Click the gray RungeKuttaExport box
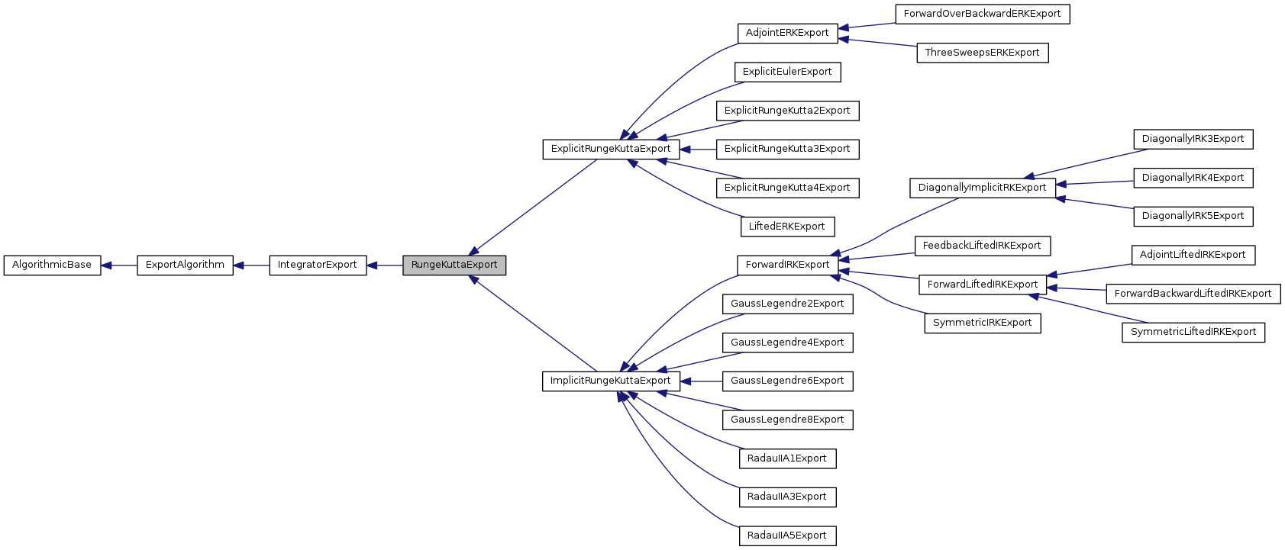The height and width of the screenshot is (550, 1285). (454, 265)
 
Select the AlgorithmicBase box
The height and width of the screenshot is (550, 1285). (52, 265)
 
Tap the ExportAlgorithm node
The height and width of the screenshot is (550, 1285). (185, 265)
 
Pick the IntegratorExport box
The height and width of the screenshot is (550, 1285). (318, 265)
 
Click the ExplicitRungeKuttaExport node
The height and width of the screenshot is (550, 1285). (611, 149)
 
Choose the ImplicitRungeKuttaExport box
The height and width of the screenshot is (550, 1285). (611, 381)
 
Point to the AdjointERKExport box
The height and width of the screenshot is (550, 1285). (787, 33)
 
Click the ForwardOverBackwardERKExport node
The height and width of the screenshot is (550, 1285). (982, 14)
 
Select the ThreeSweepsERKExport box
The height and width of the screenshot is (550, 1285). (982, 53)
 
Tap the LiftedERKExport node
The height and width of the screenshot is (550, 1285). (787, 227)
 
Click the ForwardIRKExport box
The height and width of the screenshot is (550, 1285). (787, 265)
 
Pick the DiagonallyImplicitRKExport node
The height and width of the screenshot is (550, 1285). (982, 188)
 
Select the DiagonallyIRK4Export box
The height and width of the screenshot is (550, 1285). (1193, 178)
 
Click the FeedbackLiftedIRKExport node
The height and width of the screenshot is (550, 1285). (982, 246)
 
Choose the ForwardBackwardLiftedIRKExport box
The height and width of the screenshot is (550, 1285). (1193, 294)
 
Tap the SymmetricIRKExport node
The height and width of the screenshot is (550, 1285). (982, 323)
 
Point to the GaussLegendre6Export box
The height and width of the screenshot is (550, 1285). (787, 381)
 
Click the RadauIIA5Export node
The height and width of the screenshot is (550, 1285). (787, 536)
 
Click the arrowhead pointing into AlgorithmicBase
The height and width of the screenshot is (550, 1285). (107, 265)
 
